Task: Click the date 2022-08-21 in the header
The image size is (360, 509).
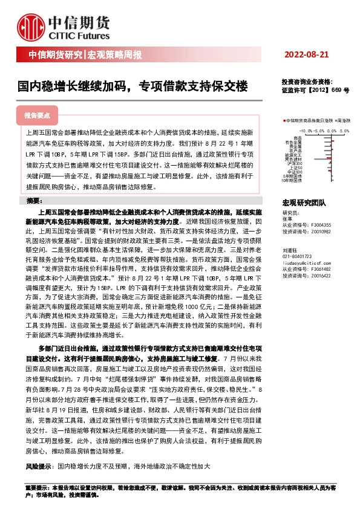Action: (x=306, y=54)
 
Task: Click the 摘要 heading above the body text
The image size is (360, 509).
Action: (x=35, y=200)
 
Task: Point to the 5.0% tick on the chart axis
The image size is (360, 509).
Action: (x=344, y=130)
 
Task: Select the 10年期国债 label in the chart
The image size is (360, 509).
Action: (x=292, y=181)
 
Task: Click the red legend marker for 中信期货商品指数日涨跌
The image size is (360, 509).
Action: (x=284, y=121)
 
